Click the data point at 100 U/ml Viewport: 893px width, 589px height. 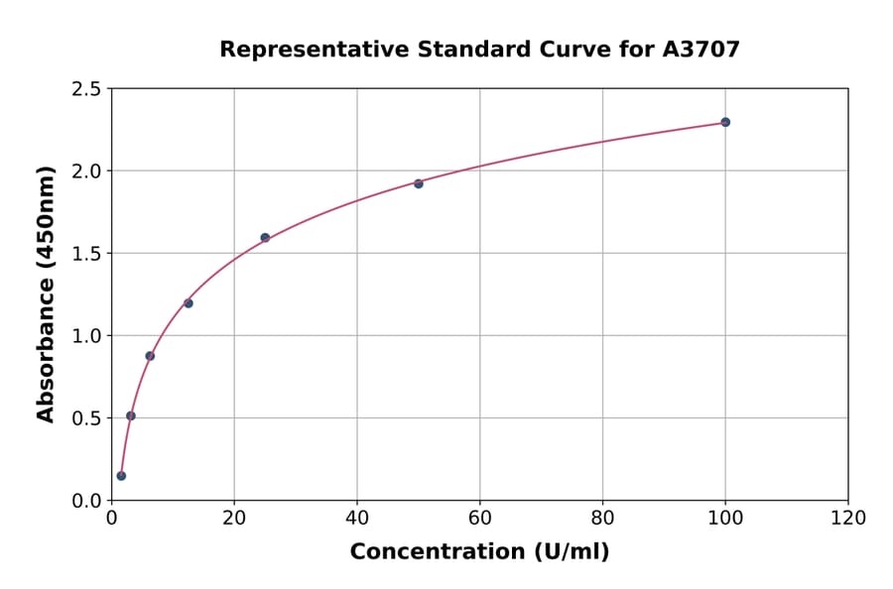pos(725,122)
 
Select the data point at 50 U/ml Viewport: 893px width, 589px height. pos(419,183)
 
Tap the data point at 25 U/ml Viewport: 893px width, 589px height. pos(265,238)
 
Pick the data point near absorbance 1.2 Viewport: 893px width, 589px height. pos(189,303)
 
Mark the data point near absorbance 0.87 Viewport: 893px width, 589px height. pos(150,356)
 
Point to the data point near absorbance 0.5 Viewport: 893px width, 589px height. pos(131,415)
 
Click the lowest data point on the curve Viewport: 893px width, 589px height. pos(121,476)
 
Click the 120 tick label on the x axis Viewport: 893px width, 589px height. pos(848,519)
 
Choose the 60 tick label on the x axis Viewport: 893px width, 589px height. pos(480,519)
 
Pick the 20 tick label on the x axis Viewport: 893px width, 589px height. pos(234,519)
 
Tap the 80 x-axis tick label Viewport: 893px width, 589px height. pos(602,519)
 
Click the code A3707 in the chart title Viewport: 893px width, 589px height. pos(701,50)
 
